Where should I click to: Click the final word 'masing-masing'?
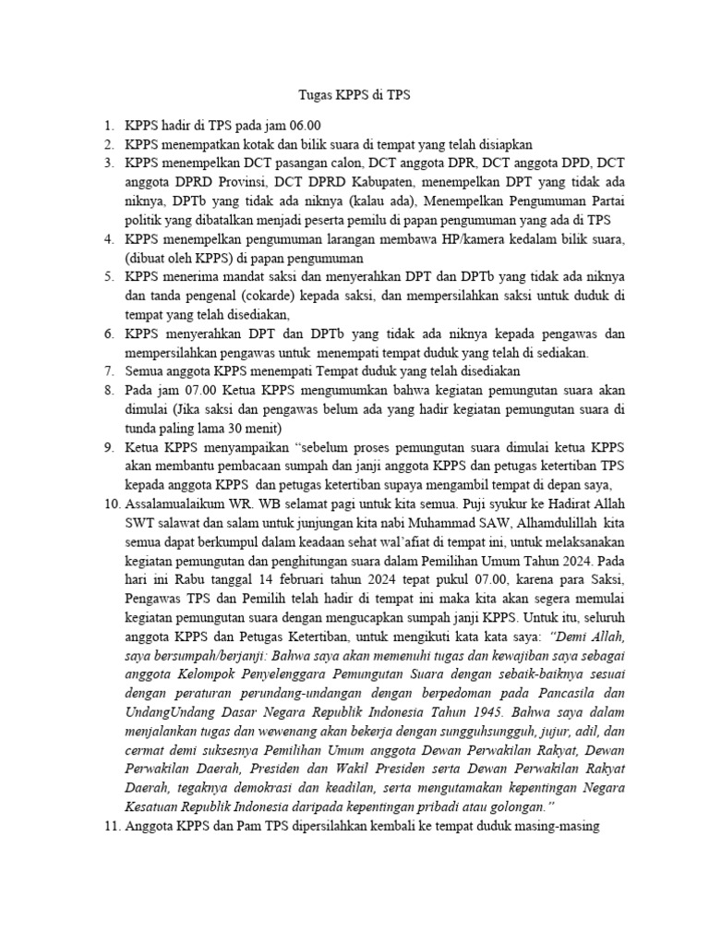coord(555,828)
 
